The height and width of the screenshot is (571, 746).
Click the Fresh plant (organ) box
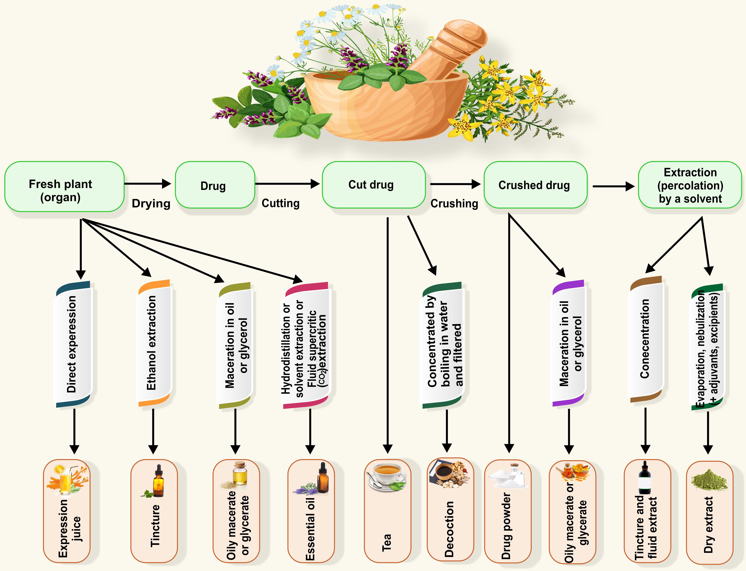(64, 187)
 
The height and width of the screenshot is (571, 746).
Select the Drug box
(215, 185)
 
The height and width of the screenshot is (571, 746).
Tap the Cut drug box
(374, 185)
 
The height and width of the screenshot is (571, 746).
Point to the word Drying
(151, 204)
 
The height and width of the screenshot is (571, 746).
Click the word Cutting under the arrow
(280, 203)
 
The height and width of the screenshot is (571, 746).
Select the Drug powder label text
(506, 526)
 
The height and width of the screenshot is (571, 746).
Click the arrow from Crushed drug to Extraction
(613, 186)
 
